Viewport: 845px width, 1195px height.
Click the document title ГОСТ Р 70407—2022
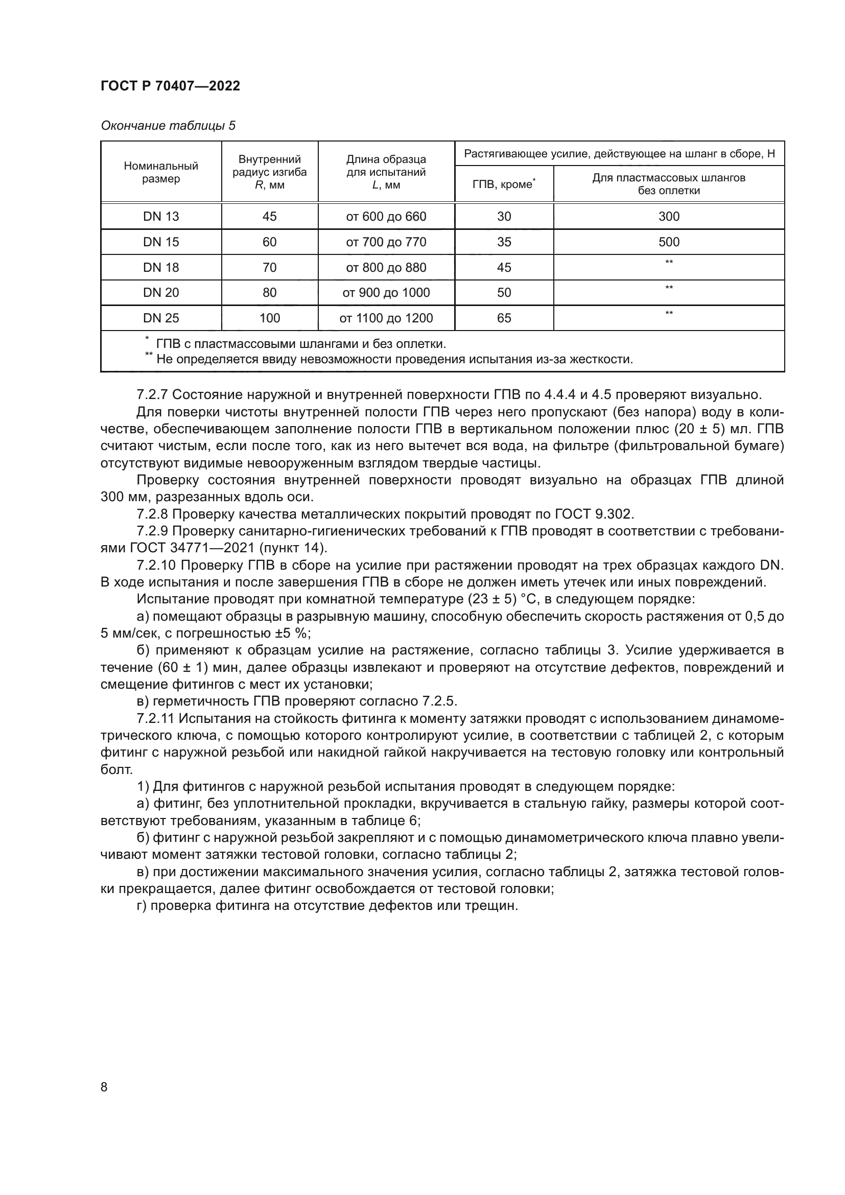170,86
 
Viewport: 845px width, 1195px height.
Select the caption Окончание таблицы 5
168,126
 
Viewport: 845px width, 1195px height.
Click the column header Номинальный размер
161,172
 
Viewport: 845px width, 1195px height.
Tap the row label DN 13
161,217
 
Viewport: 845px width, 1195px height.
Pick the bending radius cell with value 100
270,318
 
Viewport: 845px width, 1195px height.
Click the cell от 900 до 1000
386,293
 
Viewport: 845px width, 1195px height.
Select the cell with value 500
669,242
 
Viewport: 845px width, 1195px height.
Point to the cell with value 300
669,217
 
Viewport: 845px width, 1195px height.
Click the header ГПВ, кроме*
504,184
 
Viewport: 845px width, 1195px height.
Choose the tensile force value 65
504,318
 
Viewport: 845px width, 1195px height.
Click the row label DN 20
161,293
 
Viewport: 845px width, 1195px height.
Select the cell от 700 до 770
386,242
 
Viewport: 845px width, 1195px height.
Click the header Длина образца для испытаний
386,172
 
